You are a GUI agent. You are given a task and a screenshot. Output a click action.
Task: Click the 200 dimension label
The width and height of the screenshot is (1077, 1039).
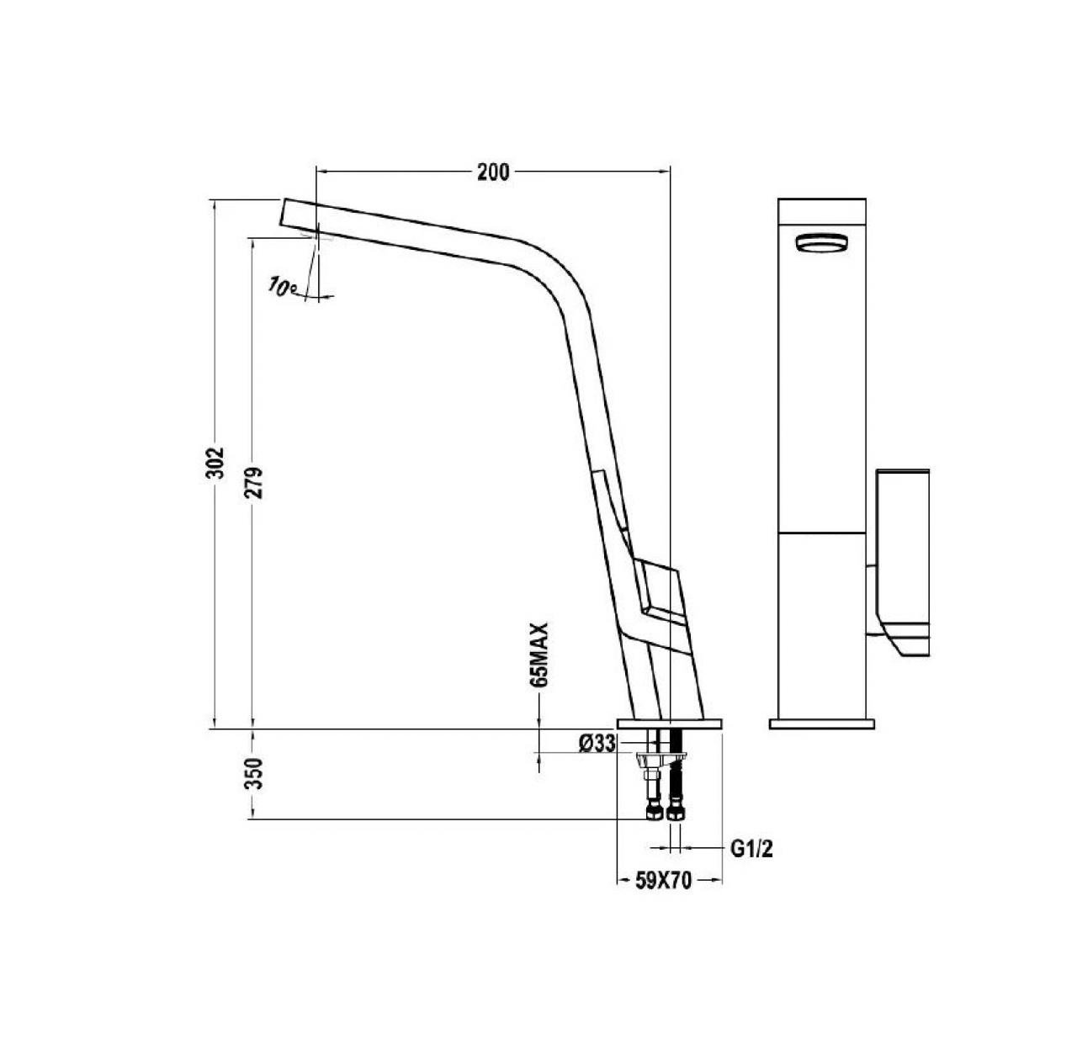493,172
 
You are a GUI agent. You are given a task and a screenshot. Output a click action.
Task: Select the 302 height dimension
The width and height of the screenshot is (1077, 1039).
216,462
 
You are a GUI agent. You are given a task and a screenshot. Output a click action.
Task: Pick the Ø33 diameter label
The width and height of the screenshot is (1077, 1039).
597,743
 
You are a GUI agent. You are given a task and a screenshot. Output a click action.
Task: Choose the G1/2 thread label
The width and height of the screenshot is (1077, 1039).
751,850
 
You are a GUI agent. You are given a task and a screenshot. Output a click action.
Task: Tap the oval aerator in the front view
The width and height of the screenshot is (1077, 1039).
821,242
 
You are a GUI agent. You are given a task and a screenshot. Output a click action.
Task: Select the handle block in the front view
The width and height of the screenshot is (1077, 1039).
904,555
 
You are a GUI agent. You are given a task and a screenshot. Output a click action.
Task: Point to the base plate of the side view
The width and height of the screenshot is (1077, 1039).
670,724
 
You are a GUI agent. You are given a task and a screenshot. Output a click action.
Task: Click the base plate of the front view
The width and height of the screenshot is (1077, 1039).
821,723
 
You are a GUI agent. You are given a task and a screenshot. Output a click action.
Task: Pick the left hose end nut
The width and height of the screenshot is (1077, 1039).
653,813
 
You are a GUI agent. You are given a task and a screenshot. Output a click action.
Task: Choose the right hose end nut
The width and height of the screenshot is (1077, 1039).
675,813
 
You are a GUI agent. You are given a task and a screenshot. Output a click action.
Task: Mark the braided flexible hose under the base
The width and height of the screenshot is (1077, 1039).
675,782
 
